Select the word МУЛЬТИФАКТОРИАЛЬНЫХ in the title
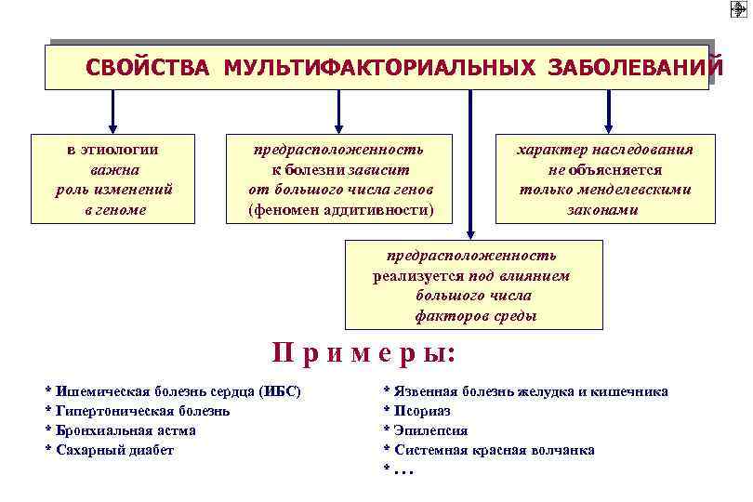pos(379,68)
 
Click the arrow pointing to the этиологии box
pos(113,110)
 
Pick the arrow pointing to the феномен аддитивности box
pos(338,110)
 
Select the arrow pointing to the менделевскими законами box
pos(608,110)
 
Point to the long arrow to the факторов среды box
pos(470,163)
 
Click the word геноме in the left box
pos(113,209)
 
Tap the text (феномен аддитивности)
pos(340,209)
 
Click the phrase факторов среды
pos(475,316)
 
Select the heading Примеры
pos(364,353)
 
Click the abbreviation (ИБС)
pos(281,391)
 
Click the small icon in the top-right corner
pos(738,9)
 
